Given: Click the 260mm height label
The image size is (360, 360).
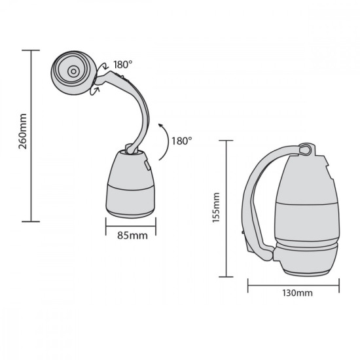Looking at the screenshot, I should click(22, 135).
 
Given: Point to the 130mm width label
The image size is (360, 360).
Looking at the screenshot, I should click(295, 293).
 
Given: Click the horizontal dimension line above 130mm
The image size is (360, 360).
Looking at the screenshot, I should click(294, 282).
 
